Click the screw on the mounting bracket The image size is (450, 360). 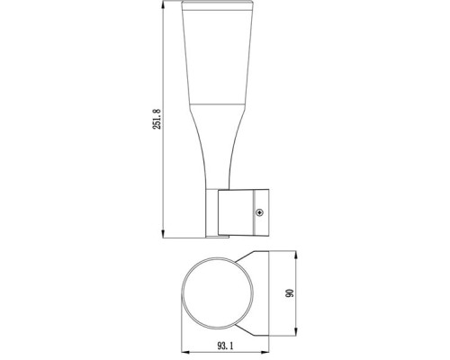[260, 212]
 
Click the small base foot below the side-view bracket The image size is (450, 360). [219, 238]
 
